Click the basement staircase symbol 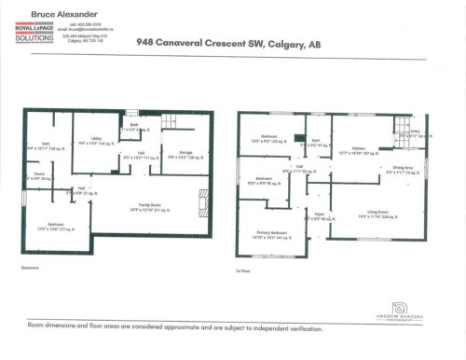point(171,118)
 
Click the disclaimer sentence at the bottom point(175,328)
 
